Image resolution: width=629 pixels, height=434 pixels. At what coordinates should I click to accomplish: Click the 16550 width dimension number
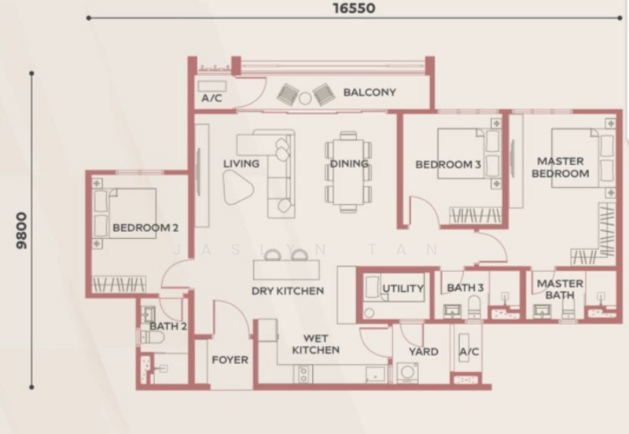355,8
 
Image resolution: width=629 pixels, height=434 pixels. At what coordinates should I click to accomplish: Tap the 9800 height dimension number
21,230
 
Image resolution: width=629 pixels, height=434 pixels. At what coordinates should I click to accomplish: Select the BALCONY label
370,92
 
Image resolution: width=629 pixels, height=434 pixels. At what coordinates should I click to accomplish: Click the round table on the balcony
305,98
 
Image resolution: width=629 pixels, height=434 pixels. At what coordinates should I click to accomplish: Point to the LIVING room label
241,164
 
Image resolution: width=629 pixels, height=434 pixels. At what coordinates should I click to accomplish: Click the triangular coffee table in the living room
237,187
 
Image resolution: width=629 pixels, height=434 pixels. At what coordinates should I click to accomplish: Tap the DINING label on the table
349,164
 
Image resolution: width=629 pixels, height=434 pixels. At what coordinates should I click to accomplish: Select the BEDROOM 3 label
448,164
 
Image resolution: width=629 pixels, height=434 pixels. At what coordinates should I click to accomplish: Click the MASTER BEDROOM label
561,167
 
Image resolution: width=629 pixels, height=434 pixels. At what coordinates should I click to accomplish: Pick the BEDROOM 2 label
145,228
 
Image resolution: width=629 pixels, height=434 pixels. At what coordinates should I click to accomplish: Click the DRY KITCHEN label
288,291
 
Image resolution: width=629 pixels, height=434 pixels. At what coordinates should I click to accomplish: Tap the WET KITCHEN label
316,344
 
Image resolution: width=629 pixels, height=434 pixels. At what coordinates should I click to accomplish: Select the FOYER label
230,360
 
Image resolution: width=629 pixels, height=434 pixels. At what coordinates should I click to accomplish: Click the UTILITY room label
403,289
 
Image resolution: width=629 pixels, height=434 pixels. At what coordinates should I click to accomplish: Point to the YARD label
423,351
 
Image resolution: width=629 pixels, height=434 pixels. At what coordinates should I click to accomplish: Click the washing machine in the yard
407,373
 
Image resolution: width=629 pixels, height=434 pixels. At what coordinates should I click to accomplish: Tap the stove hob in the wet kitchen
303,374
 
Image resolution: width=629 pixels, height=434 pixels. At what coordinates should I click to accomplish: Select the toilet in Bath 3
475,307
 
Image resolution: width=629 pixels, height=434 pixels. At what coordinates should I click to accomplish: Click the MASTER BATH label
560,289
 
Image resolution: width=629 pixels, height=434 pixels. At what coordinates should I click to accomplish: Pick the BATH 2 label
168,326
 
